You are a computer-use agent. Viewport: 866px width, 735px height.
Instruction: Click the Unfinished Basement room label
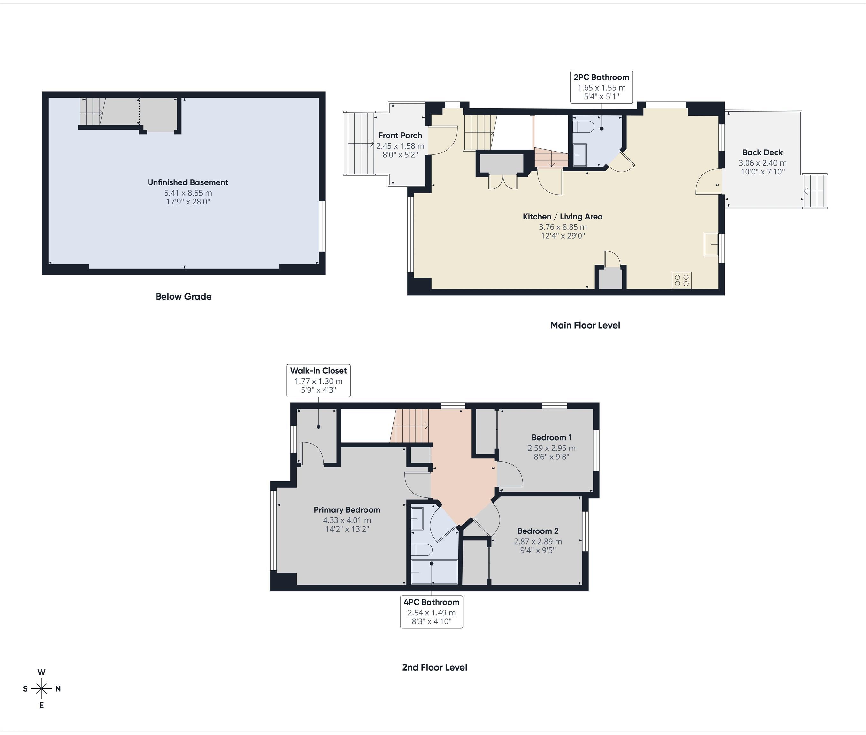pyautogui.click(x=188, y=182)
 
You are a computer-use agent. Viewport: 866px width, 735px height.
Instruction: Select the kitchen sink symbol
pyautogui.click(x=711, y=244)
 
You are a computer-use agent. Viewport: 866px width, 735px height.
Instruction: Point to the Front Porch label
pyautogui.click(x=400, y=135)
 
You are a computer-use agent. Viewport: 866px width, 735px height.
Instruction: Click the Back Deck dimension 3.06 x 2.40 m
pyautogui.click(x=762, y=163)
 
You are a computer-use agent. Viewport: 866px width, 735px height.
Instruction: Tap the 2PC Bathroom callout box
pyautogui.click(x=601, y=87)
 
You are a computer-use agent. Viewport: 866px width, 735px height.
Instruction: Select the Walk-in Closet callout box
pyautogui.click(x=318, y=380)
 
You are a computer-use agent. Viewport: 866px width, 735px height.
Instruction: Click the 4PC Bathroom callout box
pyautogui.click(x=431, y=612)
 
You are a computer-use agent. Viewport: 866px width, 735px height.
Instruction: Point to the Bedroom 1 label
pyautogui.click(x=551, y=437)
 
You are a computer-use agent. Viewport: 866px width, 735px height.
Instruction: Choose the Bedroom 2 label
pyautogui.click(x=537, y=531)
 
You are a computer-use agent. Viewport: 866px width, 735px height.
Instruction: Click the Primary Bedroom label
pyautogui.click(x=347, y=509)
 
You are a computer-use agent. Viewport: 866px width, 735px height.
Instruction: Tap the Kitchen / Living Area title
pyautogui.click(x=562, y=217)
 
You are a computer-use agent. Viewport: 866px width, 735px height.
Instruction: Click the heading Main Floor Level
pyautogui.click(x=585, y=325)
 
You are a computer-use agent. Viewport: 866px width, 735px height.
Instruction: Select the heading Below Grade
pyautogui.click(x=184, y=297)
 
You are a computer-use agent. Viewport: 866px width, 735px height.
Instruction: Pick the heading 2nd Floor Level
pyautogui.click(x=434, y=667)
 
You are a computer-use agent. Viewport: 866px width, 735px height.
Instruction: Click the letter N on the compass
pyautogui.click(x=58, y=689)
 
